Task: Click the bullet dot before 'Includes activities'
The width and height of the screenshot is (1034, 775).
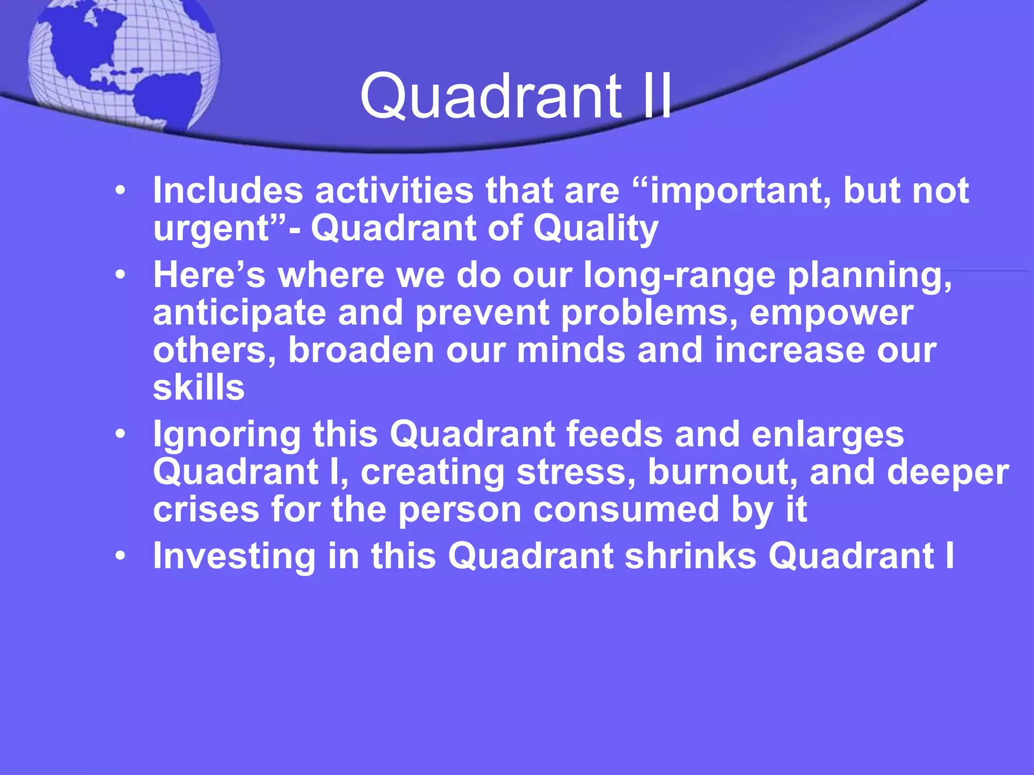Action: [x=120, y=191]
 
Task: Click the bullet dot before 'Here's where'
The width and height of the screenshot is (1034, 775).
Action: [x=120, y=275]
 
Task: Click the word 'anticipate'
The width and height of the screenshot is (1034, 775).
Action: [x=240, y=313]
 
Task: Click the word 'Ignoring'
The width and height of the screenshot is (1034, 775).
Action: [x=227, y=434]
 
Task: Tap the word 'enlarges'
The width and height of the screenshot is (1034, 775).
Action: [x=828, y=434]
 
